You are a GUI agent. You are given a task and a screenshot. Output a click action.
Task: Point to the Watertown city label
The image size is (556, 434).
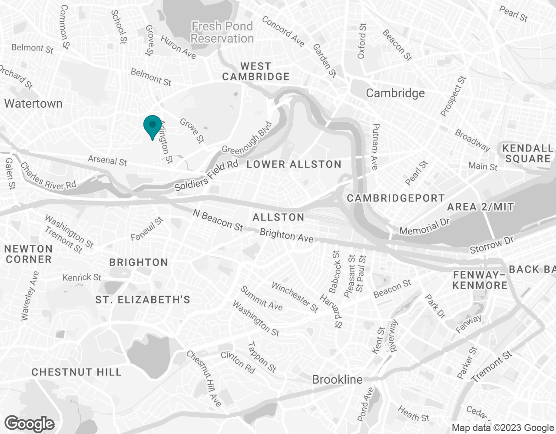[x=33, y=104]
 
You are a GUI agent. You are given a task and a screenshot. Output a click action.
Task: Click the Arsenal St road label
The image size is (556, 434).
[x=107, y=161]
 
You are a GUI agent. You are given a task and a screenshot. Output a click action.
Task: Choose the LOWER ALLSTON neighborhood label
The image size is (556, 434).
[x=294, y=164]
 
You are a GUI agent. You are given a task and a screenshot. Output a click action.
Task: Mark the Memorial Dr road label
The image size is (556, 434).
[x=424, y=227]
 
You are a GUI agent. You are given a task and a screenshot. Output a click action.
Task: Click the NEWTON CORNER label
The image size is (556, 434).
[x=29, y=254]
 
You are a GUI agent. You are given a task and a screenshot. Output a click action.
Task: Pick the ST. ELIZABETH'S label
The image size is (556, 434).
[x=143, y=300]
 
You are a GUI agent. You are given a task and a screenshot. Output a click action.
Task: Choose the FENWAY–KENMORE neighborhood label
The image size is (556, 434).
[x=480, y=280]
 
